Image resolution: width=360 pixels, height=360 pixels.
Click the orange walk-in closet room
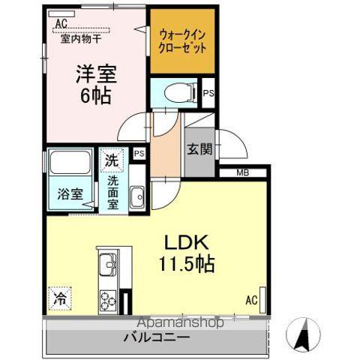pos(182,41)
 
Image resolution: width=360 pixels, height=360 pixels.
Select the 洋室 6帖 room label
pos(95,85)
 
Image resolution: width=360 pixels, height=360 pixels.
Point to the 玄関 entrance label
pos(199,148)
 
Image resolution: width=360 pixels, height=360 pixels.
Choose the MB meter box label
pos(242,174)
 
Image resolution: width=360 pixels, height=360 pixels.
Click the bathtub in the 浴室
pos(70,166)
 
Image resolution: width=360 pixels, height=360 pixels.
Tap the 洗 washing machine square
pos(111,159)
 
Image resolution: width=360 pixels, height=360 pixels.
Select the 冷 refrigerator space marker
pos(59,298)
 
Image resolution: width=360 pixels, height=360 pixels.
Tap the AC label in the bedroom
pos(61,22)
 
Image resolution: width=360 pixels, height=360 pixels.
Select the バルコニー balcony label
pos(157,337)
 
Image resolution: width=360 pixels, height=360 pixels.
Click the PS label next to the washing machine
pos(138,153)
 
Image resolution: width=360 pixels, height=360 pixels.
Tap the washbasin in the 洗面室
pos(136,198)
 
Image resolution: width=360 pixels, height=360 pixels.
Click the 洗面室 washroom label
pos(112,191)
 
